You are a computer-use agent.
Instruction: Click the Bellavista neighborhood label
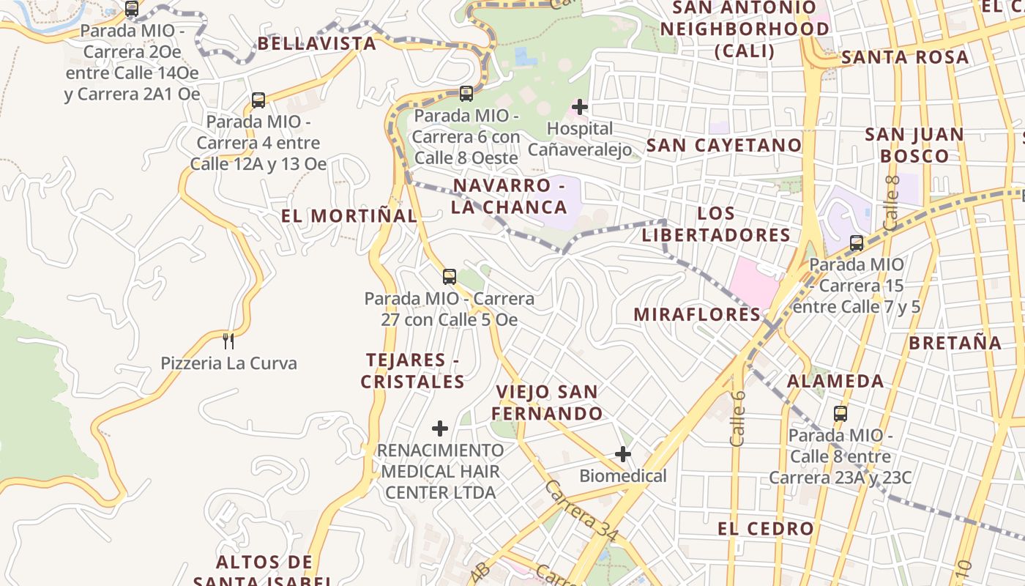(316, 43)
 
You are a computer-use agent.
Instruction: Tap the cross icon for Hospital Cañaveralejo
(580, 107)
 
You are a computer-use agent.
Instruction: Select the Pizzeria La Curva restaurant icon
(228, 341)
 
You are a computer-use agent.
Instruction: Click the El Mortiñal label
(349, 216)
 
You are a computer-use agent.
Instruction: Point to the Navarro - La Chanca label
(510, 196)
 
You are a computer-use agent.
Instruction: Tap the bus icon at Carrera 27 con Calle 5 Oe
(450, 277)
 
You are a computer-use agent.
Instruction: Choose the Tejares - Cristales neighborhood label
(413, 371)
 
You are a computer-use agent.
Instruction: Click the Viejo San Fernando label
(547, 402)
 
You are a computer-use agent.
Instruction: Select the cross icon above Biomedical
(623, 454)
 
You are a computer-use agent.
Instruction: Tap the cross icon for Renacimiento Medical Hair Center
(440, 428)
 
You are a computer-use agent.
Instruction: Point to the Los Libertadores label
(715, 224)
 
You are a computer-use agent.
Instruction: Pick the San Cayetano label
(724, 145)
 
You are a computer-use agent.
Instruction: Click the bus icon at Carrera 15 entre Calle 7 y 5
(857, 242)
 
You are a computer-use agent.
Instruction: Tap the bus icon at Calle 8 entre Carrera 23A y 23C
(840, 413)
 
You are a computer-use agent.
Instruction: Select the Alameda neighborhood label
(835, 381)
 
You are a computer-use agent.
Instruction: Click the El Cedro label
(766, 528)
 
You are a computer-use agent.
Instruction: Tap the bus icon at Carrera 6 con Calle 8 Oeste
(466, 94)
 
